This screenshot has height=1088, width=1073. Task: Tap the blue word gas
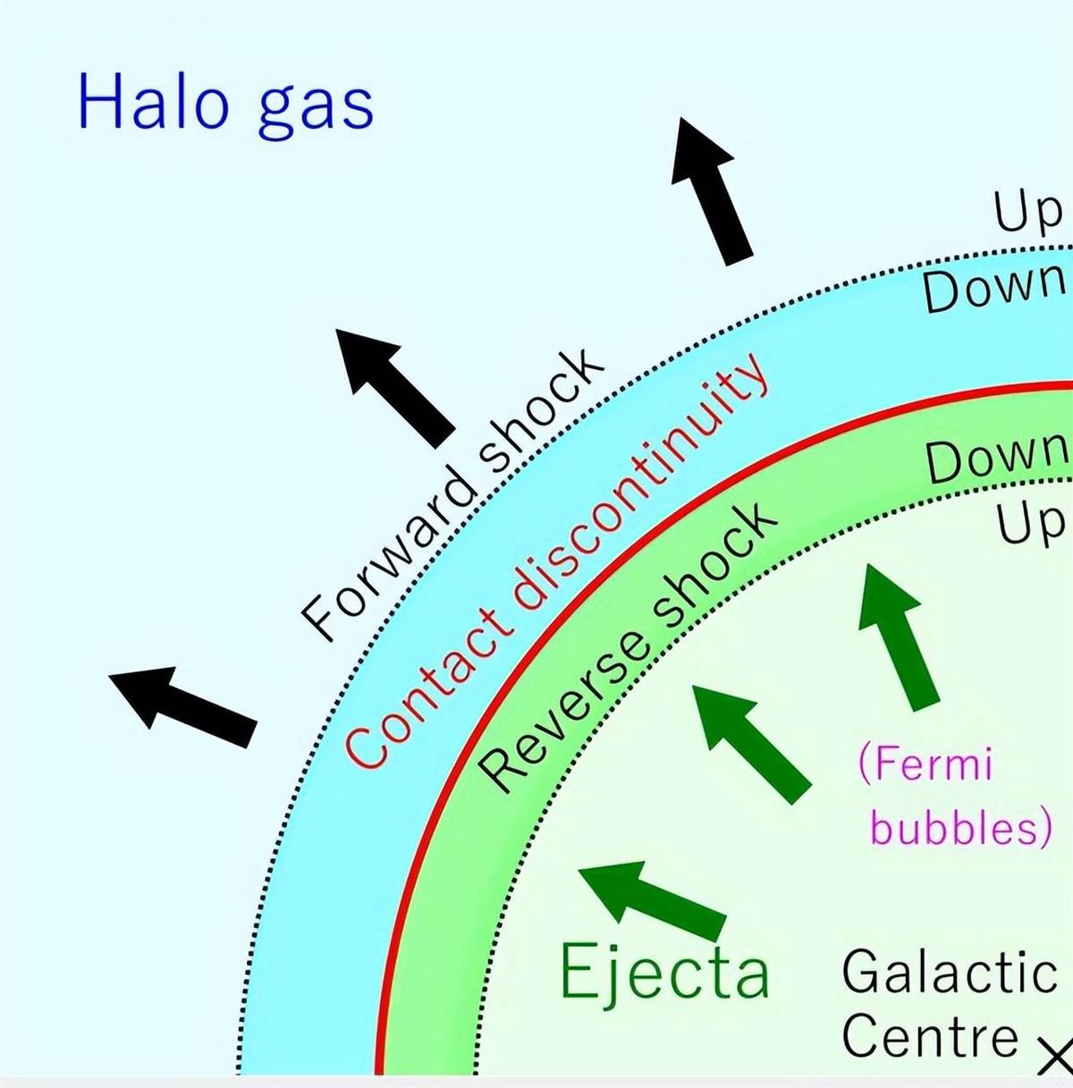click(x=316, y=110)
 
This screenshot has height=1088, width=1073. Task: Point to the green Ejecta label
click(x=664, y=972)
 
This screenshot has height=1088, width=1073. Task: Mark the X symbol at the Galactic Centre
click(x=1054, y=1053)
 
